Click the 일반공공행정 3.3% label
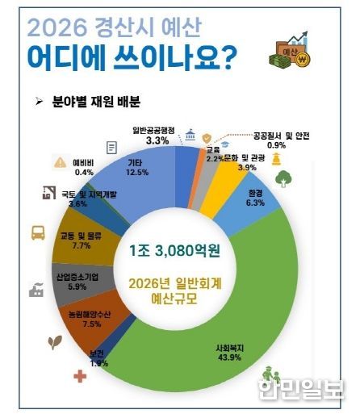(x=158, y=135)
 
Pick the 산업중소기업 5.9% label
(x=77, y=280)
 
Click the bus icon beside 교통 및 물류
(x=38, y=234)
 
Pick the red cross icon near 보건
(x=80, y=376)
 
